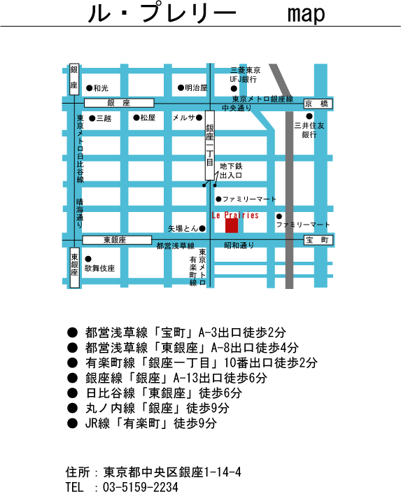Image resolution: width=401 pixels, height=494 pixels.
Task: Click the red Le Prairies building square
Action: [232, 226]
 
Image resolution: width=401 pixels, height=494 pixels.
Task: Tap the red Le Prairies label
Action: [235, 216]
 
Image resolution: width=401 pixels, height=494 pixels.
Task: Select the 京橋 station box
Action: [318, 104]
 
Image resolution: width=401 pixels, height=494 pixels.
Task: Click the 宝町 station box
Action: [318, 240]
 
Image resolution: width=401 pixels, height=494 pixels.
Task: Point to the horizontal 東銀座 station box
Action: [117, 240]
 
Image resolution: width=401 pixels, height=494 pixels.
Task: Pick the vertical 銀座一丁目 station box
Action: [210, 146]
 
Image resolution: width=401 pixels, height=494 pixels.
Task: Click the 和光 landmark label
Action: [101, 88]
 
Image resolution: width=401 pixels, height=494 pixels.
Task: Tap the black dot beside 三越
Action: [92, 118]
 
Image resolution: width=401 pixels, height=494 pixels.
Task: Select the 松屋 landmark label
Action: [148, 118]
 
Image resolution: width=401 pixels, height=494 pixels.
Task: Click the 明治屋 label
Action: [196, 87]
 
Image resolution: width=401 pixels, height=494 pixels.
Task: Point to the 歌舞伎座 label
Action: [99, 268]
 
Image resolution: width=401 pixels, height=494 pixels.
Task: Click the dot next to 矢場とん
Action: [202, 228]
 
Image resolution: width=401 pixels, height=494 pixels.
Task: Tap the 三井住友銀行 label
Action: [309, 130]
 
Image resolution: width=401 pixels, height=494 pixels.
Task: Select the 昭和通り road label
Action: [239, 245]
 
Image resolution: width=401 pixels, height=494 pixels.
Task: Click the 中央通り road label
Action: [237, 108]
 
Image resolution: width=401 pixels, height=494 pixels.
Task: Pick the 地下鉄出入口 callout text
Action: [231, 171]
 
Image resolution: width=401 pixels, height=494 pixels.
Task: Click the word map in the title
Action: [306, 14]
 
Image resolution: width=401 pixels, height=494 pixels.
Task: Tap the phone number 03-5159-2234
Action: [141, 487]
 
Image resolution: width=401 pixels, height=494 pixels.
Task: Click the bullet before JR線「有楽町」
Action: [72, 423]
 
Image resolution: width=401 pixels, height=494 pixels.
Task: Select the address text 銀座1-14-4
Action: [210, 472]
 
